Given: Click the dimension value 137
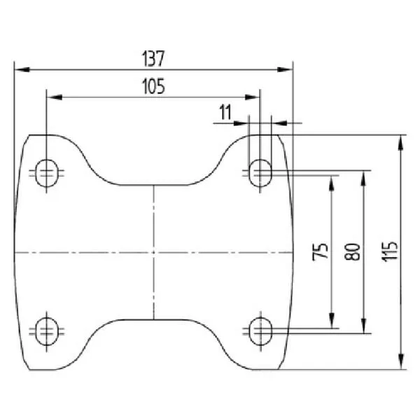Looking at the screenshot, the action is tap(153, 59).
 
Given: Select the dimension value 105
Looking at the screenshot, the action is tap(153, 86).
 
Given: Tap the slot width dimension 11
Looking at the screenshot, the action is tap(225, 112).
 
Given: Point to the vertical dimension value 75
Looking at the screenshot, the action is tap(321, 251).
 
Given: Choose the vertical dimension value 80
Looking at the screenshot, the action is tap(352, 251).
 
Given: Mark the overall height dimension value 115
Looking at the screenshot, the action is tap(389, 251).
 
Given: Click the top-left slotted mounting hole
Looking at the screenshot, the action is tap(47, 173).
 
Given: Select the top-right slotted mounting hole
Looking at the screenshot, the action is tap(260, 173).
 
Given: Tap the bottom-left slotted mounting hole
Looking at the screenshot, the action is tap(47, 331).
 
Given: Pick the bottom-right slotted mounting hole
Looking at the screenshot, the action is tap(260, 331).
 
